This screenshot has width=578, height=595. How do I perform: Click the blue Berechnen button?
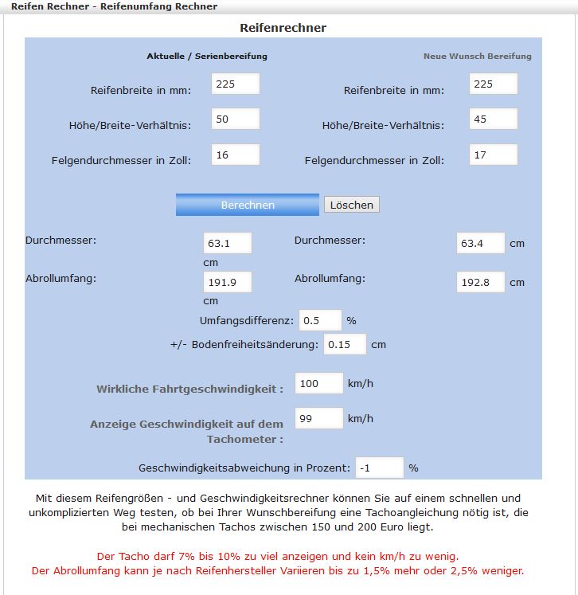point(247,205)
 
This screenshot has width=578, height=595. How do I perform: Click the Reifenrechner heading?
point(283,28)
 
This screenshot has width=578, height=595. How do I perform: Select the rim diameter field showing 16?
point(235,155)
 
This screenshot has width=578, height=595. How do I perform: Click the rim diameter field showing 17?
point(493,155)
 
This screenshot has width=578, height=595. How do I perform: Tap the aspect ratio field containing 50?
point(235,119)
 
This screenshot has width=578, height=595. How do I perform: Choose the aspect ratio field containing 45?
point(493,119)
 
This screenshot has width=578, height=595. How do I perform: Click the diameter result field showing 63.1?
point(227,243)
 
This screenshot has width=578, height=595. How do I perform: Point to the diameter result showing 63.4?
point(480,243)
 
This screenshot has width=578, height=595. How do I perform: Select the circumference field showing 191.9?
point(227,282)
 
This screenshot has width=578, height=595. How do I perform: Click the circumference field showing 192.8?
point(480,282)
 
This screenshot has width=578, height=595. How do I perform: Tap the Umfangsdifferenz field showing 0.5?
point(319,320)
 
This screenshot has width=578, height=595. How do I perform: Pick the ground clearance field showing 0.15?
point(344,344)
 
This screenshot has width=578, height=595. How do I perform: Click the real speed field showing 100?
point(318,383)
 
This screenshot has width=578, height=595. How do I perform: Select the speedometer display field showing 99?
point(318,418)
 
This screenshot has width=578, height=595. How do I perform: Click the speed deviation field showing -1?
point(379,468)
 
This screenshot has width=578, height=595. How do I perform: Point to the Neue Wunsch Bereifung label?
point(477,57)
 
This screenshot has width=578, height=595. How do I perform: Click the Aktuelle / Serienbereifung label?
point(207,57)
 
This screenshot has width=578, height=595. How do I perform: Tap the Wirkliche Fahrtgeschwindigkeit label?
point(189,389)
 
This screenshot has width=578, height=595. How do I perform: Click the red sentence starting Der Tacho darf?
point(277,556)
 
